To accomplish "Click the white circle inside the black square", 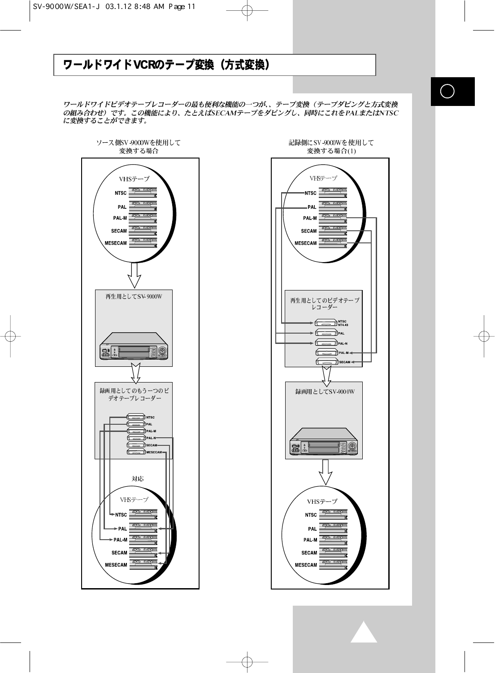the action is coord(447,91).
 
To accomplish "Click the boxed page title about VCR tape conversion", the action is coord(214,65).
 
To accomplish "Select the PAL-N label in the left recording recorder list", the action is coord(151,438).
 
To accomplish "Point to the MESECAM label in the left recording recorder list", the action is coord(154,452).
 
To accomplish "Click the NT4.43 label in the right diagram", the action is coord(343,325).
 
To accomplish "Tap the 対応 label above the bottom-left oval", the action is coord(138,479).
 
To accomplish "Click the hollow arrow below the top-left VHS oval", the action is coord(134,275).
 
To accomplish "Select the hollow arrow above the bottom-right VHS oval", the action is coord(328,473).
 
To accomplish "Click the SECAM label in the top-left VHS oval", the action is coord(119,231).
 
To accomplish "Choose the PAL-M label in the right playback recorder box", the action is coord(343,353).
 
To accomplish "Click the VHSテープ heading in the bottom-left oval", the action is coord(134,499).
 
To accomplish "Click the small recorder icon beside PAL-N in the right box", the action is coord(326,343).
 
